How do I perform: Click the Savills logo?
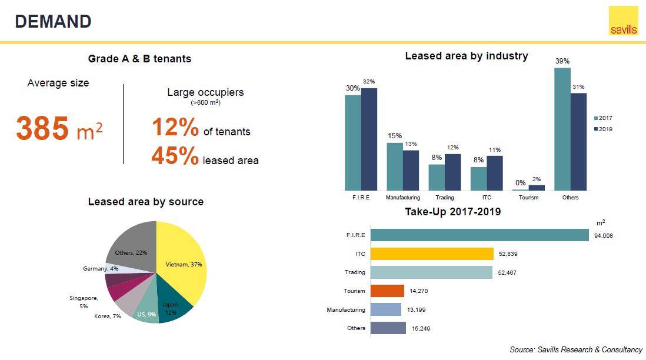[623, 21]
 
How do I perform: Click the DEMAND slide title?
[53, 21]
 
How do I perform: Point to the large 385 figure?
[42, 128]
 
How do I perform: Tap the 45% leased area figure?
[175, 156]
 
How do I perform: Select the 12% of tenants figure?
[175, 127]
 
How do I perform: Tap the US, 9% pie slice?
[146, 312]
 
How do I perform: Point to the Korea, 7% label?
[107, 316]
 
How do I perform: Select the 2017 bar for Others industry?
[562, 129]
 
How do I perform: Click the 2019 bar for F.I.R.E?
[369, 139]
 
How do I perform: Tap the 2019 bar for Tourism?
[537, 188]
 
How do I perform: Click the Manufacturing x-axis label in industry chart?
[402, 198]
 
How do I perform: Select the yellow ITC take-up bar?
[432, 254]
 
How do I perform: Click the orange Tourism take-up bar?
[387, 291]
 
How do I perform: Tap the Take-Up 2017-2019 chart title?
[452, 212]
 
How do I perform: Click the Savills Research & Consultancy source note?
[576, 349]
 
